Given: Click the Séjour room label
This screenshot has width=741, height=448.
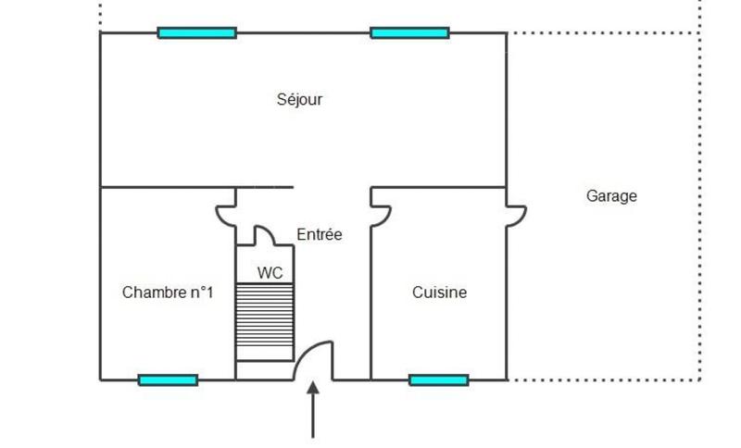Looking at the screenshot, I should point(299,100).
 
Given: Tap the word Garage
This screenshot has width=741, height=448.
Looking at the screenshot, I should point(611,196).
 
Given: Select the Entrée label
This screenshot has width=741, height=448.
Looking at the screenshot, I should point(320,235).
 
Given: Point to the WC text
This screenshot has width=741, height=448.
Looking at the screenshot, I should point(270,273).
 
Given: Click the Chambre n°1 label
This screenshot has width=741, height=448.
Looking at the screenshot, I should point(168,292).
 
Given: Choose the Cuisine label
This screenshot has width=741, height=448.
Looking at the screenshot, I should point(439,292).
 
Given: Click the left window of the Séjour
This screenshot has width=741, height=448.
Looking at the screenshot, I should point(196,33).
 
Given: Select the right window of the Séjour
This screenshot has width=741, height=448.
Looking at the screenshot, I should point(409,33).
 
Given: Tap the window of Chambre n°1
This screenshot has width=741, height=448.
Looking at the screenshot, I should point(168,380).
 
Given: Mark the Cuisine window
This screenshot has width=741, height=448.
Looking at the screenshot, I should point(438,380).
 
